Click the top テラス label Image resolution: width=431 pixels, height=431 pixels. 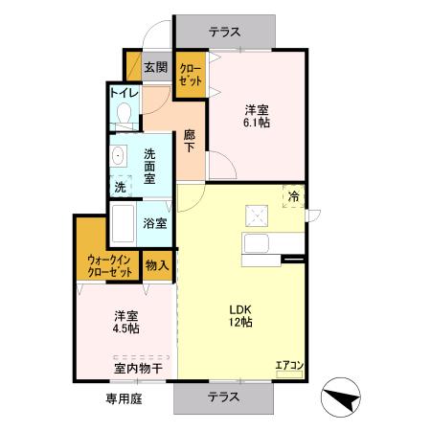[x=226, y=30]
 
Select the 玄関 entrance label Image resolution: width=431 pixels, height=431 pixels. [x=155, y=68]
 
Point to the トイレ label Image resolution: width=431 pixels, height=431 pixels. [x=125, y=94]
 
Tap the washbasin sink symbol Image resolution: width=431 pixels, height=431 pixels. [x=120, y=156]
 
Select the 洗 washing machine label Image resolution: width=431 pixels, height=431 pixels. [x=120, y=187]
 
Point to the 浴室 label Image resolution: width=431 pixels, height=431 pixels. [x=155, y=223]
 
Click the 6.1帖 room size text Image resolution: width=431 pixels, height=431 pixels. [x=255, y=123]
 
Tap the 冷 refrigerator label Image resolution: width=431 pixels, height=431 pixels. [x=293, y=196]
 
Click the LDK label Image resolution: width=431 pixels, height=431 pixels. [x=239, y=308]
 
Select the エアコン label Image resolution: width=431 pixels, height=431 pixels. [x=288, y=364]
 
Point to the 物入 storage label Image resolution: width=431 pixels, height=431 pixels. [x=157, y=264]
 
